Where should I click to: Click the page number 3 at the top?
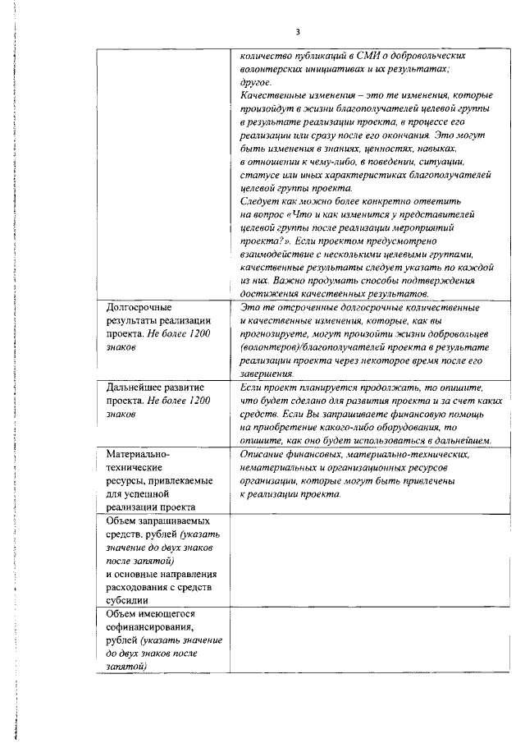click(298, 32)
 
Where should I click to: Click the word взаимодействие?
click(283, 254)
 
